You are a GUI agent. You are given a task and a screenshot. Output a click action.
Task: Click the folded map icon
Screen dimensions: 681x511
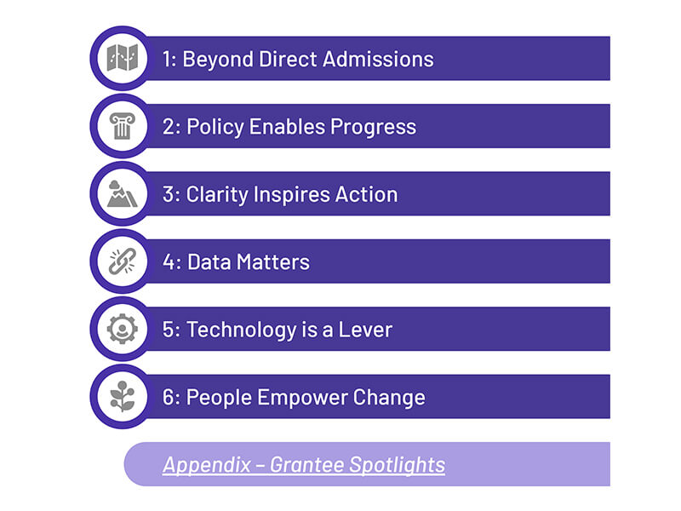coord(123,58)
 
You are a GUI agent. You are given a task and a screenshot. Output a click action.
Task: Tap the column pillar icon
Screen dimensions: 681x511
coord(123,126)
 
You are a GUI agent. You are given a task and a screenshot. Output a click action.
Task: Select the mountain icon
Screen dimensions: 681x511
coord(122,194)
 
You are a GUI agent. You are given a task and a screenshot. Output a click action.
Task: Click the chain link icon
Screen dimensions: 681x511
coord(123,261)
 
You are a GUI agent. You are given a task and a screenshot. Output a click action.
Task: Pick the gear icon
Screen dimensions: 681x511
coord(123,329)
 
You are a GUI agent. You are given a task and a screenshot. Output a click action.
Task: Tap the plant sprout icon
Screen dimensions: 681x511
coord(123,396)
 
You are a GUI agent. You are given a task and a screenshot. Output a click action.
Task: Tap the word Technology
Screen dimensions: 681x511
coord(241,330)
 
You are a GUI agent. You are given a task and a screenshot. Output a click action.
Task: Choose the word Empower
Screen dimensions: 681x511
coord(302,398)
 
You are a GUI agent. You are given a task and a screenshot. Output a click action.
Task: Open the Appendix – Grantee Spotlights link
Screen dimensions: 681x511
coord(304,465)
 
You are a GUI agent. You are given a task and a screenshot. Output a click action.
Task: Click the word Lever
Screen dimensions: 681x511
coord(365,330)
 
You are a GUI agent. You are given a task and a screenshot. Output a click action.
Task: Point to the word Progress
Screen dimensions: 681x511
coord(373,128)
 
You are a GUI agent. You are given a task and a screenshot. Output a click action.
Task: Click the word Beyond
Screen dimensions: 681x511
coord(218,60)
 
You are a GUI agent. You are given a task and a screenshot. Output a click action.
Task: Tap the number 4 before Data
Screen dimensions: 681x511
coord(169,262)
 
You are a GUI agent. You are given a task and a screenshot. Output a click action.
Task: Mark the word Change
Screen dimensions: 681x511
coord(389,398)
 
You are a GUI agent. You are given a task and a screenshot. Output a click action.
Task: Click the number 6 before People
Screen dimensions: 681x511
coord(169,398)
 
